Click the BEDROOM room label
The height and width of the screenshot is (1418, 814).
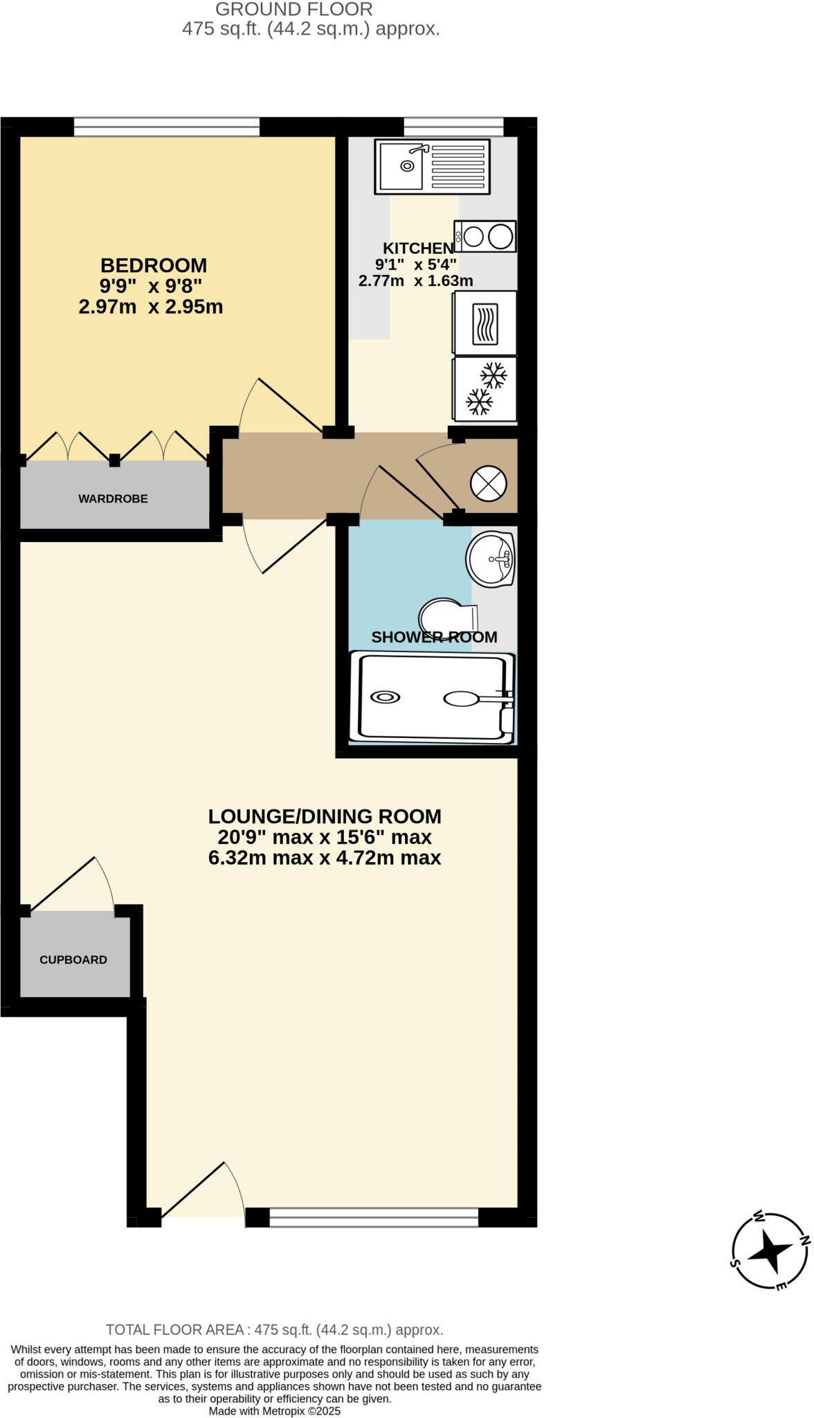[153, 265]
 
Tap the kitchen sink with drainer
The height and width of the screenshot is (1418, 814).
[432, 166]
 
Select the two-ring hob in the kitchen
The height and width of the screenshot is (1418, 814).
[485, 236]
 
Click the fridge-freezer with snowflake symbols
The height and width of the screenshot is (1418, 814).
[485, 389]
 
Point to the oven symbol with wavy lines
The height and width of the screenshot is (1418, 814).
[485, 323]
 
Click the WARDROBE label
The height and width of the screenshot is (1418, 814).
[113, 499]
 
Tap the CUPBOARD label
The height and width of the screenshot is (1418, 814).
[73, 960]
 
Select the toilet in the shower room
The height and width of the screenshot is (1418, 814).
[446, 616]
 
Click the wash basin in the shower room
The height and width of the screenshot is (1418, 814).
[491, 558]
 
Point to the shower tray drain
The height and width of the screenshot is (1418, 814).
[385, 697]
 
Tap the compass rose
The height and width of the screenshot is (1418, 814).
[770, 1251]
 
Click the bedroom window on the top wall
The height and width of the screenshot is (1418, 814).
[167, 127]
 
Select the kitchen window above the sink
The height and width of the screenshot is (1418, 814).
[453, 127]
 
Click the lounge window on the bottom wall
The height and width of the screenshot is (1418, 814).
[373, 1217]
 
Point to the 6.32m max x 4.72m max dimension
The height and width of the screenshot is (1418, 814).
[325, 859]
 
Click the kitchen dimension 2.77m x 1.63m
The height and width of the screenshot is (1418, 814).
[415, 281]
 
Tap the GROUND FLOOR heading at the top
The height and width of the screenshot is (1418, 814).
[294, 10]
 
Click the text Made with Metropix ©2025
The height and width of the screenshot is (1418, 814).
[275, 1411]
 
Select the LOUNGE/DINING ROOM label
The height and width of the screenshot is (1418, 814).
[325, 816]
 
